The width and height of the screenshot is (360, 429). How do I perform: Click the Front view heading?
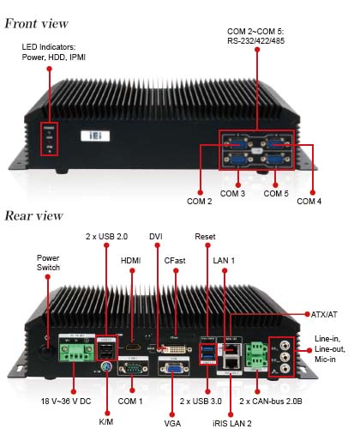tap(36, 23)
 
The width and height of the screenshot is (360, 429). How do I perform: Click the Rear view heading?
tap(33, 215)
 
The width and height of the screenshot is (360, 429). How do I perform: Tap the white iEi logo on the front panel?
tap(95, 136)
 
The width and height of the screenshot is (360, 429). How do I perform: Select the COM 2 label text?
tap(200, 202)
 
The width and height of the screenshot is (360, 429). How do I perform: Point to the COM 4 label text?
tap(309, 202)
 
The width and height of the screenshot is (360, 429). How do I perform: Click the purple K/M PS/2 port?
tap(105, 366)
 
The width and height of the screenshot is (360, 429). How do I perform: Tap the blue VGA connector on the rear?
tap(173, 368)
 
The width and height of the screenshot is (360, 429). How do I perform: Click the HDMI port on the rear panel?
tap(133, 347)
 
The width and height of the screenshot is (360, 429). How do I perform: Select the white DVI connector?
tap(174, 349)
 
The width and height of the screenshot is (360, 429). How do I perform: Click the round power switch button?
tap(47, 351)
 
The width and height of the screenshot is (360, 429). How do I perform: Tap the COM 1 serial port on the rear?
tap(133, 368)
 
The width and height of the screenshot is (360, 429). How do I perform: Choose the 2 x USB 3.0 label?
tap(201, 402)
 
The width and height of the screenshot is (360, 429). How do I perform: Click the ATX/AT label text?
tap(324, 315)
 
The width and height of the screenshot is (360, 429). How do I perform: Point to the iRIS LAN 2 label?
tap(232, 423)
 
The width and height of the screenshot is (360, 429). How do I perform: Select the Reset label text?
tap(205, 237)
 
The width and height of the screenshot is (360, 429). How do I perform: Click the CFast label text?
tap(175, 261)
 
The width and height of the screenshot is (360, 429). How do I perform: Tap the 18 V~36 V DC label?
tap(66, 402)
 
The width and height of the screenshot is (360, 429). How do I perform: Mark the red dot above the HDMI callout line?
tap(132, 270)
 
